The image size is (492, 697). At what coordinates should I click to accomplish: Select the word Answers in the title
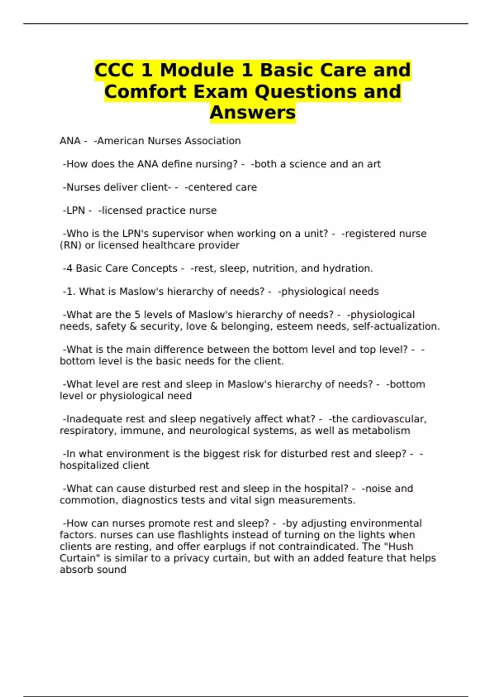pyautogui.click(x=253, y=112)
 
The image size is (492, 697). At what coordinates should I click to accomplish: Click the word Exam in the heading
pyautogui.click(x=221, y=91)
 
